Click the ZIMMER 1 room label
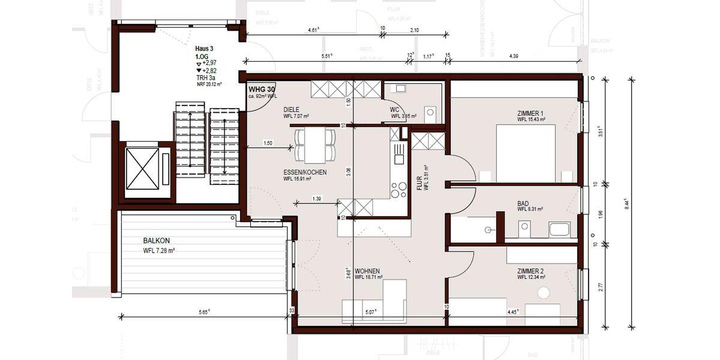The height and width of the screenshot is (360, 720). (530, 113)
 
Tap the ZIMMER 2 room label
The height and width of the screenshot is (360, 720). (530, 271)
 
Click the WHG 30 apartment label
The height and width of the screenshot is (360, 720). (261, 89)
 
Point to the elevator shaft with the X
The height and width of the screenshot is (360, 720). (142, 169)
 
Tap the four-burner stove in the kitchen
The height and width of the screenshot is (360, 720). (399, 190)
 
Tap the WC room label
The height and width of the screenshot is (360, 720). (394, 110)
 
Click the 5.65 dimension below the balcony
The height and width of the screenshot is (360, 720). (203, 311)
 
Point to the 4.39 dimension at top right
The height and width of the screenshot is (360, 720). (514, 56)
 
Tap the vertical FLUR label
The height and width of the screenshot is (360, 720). (421, 182)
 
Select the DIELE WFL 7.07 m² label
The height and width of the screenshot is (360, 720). (296, 113)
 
